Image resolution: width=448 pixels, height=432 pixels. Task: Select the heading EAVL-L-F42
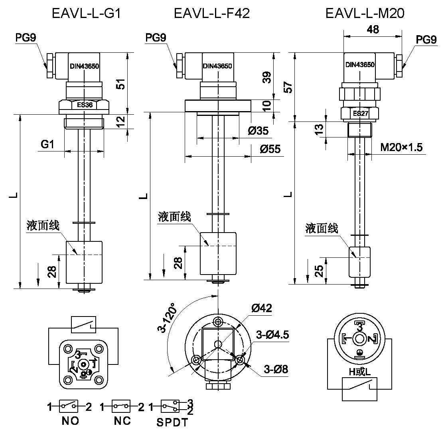pos(212,14)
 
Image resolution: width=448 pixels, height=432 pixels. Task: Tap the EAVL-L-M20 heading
pos(365,14)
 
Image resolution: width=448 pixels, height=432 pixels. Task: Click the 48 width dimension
pos(373,29)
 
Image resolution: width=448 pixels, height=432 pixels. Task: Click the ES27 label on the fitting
pos(360,113)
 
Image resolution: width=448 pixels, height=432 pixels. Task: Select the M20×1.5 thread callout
pos(401,147)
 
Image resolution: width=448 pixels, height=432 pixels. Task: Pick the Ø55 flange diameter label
pos(270,149)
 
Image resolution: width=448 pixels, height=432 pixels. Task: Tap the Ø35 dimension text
pos(258,131)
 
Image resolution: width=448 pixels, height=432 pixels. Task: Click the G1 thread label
pos(47,144)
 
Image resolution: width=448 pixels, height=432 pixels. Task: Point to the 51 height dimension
pos(121,84)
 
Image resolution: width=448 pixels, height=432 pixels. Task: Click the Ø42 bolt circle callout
pos(262,308)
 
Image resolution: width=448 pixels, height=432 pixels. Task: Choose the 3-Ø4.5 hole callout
pos(272,335)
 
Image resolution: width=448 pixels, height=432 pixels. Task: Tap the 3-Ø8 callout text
pos(275,369)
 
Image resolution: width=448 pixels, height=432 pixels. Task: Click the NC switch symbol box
pos(121,406)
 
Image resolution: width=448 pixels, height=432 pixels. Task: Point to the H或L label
pos(360,372)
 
